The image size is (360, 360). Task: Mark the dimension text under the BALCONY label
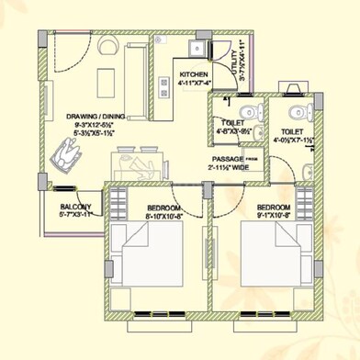(76, 216)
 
